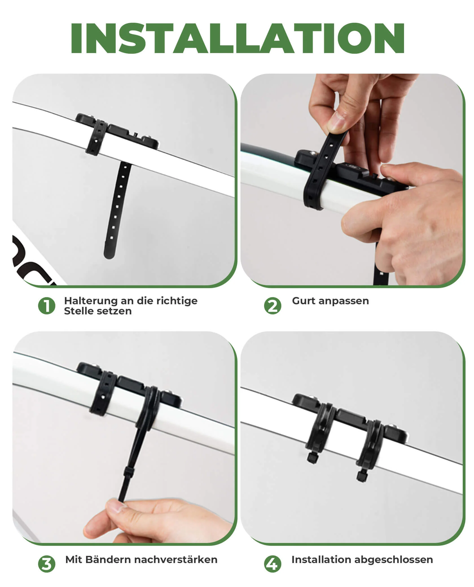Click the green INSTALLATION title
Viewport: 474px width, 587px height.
237,38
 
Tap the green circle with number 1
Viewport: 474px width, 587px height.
47,306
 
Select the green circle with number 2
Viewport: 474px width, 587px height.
273,306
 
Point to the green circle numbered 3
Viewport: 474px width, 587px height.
47,564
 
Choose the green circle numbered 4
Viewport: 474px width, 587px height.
273,564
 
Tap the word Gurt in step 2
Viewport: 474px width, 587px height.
304,301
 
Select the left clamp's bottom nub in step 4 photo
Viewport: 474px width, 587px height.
312,459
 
